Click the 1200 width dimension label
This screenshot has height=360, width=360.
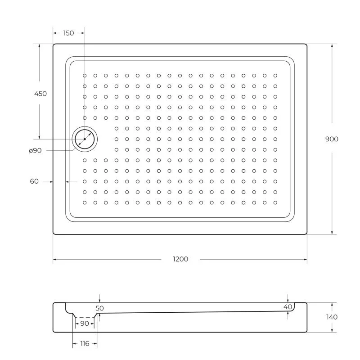pos(180,259)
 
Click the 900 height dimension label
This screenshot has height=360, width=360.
pos(332,139)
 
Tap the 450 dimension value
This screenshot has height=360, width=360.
pos(40,94)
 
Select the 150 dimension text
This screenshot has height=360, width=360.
pos(68,33)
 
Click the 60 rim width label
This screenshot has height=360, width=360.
pos(34,181)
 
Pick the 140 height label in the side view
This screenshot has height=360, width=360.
pos(331,317)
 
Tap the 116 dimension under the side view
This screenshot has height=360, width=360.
pos(84,344)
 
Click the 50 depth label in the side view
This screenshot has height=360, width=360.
pos(100,308)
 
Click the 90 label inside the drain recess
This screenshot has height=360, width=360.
pos(84,324)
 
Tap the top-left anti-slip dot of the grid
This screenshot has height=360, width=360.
pos(85,76)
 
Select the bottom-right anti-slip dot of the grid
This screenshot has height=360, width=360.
pos(275,202)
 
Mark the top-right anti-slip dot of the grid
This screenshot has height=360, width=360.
pos(275,76)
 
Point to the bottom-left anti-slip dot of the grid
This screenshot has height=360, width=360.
pos(85,202)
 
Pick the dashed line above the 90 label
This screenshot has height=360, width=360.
pos(84,317)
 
